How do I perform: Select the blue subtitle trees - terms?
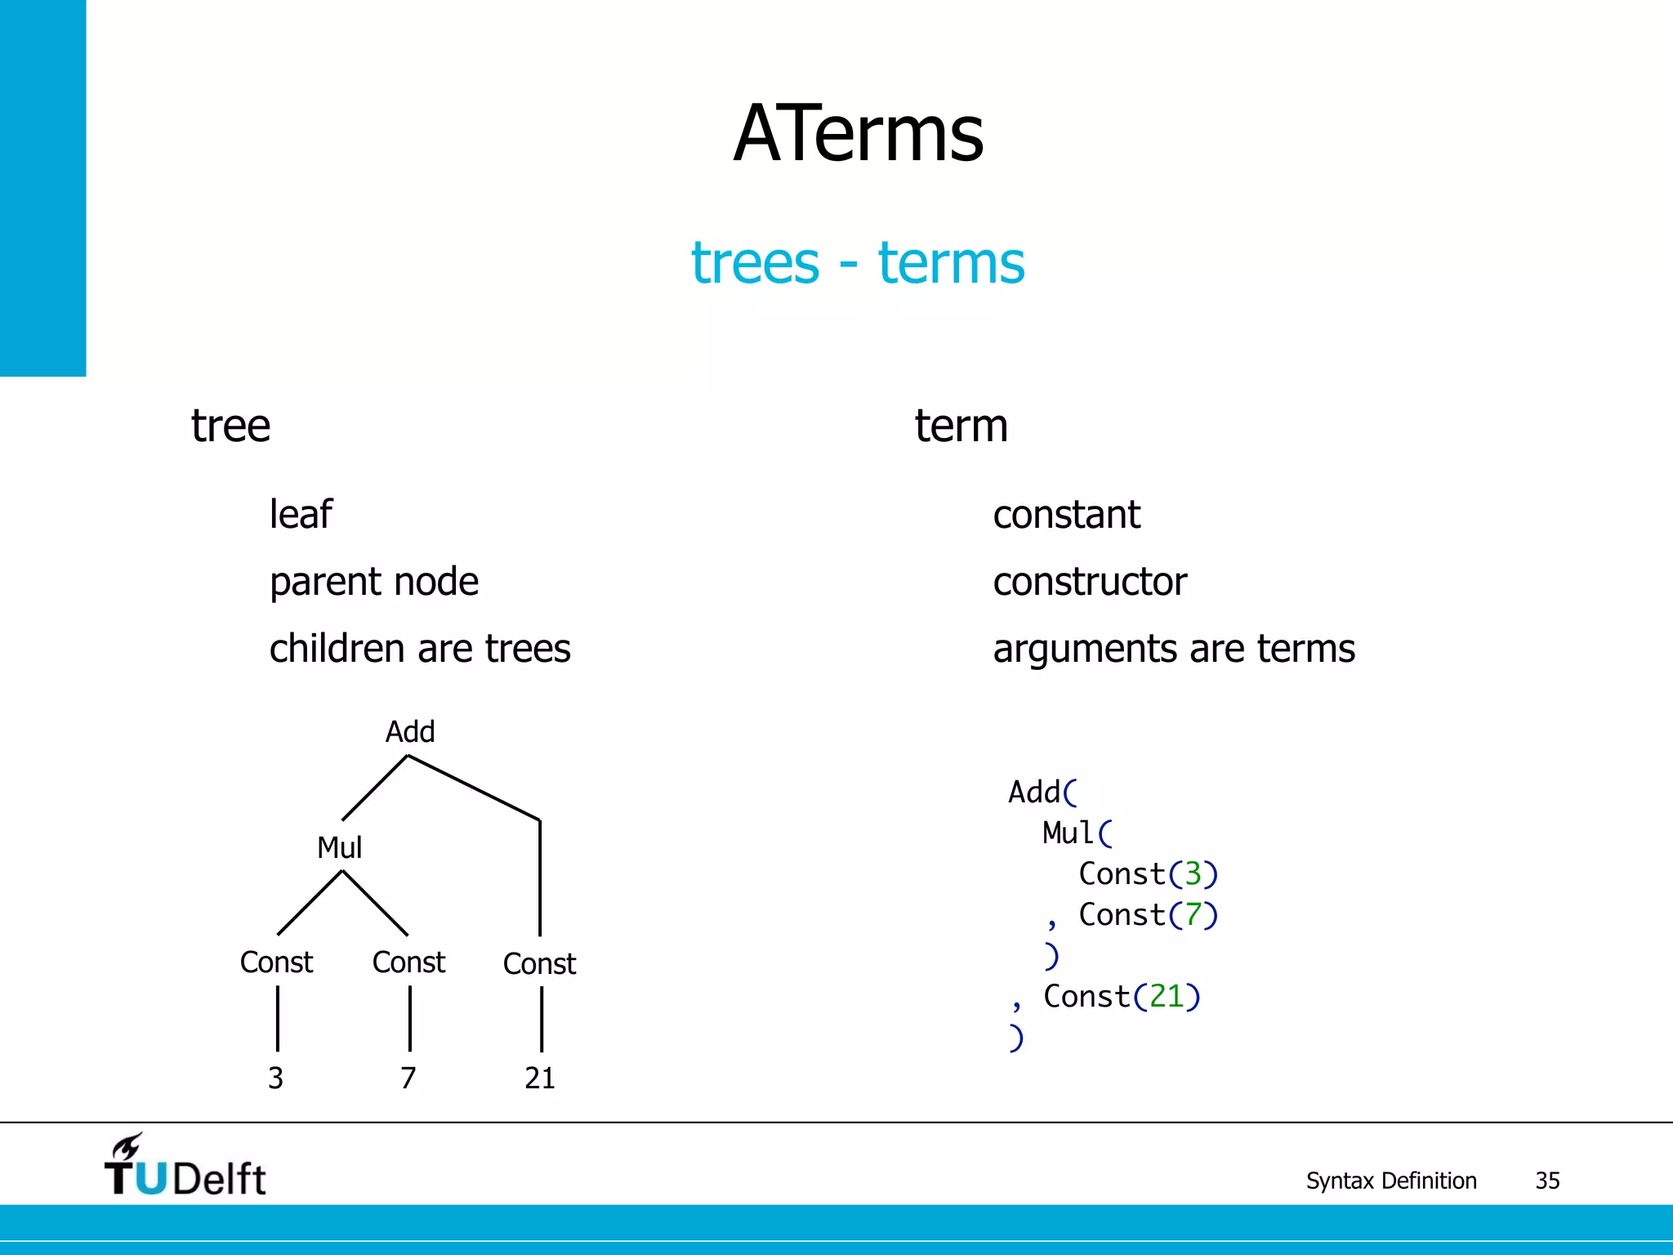click(858, 263)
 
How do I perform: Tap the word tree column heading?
click(230, 426)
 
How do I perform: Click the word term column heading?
click(961, 426)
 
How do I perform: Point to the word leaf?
click(301, 515)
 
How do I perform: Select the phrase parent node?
click(374, 582)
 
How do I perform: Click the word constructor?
click(1090, 582)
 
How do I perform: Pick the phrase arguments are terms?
click(1174, 649)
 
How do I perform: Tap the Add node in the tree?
click(410, 731)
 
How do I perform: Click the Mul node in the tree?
click(339, 847)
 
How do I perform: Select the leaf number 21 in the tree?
click(540, 1079)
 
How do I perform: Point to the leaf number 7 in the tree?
click(408, 1079)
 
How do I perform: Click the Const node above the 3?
click(276, 962)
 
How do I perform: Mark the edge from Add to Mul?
click(374, 788)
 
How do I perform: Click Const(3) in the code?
click(1148, 874)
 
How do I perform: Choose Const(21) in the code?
click(1122, 997)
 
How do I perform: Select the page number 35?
click(1547, 1181)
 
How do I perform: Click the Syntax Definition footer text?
click(1391, 1181)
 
